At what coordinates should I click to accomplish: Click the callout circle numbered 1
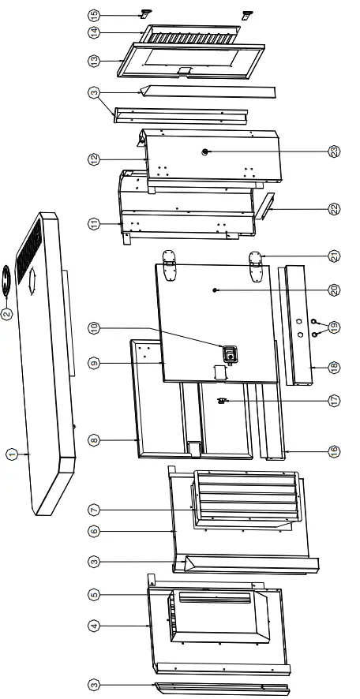[12, 454]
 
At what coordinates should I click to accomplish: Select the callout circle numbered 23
[334, 151]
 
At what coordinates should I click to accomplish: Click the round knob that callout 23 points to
[206, 151]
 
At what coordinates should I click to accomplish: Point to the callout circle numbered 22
[334, 209]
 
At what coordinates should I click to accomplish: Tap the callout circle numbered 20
[334, 290]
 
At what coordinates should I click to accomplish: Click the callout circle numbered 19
[334, 326]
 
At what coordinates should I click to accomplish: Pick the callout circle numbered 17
[334, 400]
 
